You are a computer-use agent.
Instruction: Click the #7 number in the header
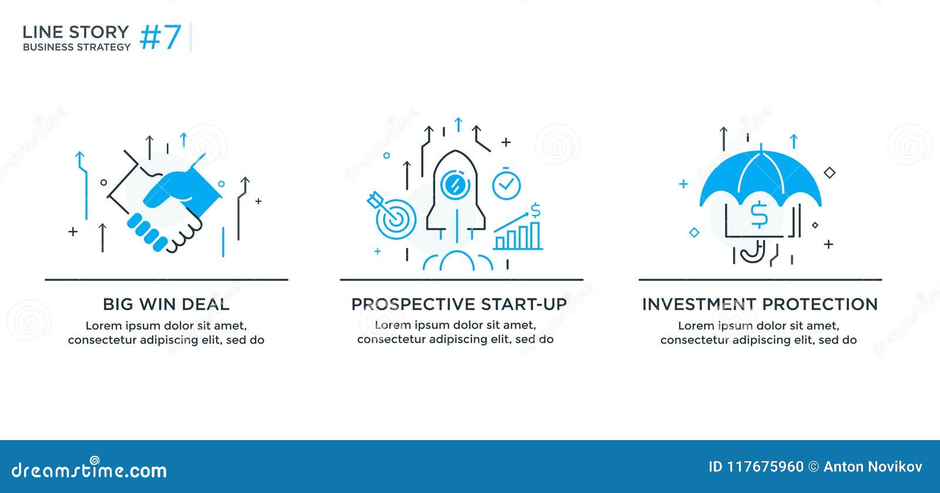(160, 37)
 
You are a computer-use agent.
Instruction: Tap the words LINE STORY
(75, 32)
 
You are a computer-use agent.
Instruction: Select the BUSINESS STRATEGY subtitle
(76, 47)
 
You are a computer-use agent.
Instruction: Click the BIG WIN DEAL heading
(166, 304)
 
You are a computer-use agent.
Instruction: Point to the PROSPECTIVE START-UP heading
(459, 304)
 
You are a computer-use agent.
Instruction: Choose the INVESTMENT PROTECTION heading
(760, 304)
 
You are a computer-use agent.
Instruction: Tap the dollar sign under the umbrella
(759, 214)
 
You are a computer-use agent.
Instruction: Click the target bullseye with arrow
(394, 219)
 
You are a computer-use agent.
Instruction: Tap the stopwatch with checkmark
(506, 185)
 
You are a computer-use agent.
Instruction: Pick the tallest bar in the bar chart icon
(535, 235)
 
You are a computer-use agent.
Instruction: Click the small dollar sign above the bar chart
(535, 210)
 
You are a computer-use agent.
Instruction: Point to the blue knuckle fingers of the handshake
(147, 232)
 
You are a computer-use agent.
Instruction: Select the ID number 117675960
(765, 467)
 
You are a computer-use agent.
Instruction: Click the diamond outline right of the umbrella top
(830, 173)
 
